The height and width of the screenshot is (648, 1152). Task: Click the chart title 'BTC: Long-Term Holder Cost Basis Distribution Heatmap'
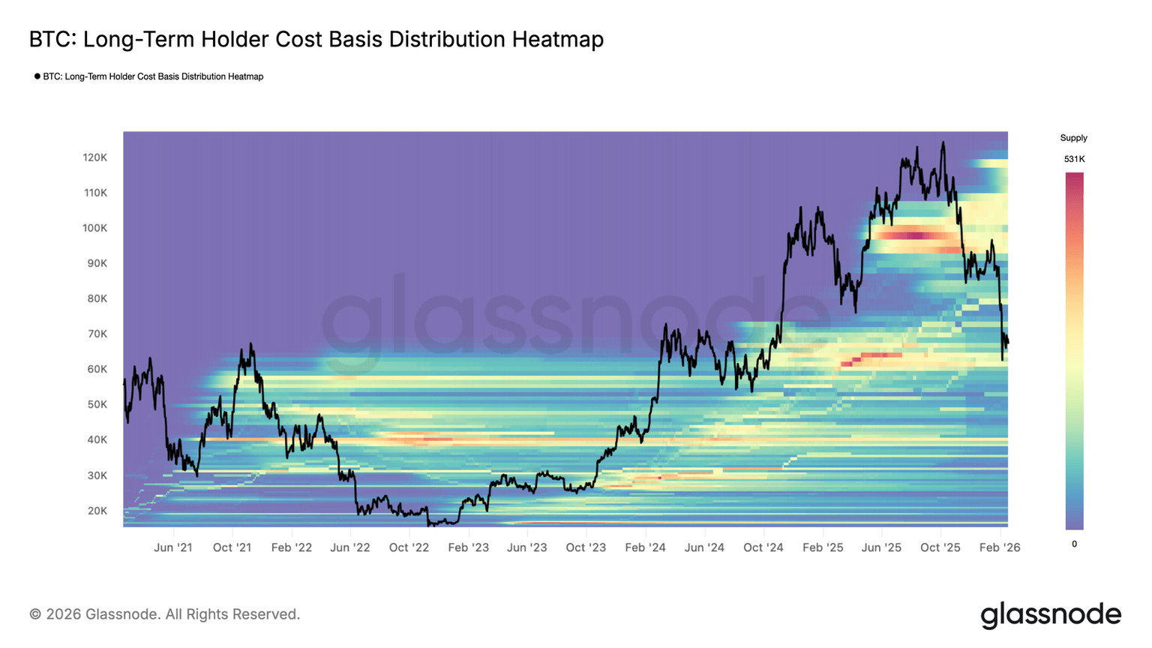(x=316, y=39)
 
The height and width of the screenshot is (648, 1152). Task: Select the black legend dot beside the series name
(x=37, y=76)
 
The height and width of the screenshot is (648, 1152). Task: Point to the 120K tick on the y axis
(x=94, y=157)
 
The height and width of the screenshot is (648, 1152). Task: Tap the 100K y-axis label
(x=94, y=228)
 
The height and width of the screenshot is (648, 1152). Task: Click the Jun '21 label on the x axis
(x=173, y=547)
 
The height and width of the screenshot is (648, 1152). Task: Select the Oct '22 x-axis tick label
(x=409, y=547)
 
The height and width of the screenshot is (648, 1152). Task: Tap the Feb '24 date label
(x=645, y=547)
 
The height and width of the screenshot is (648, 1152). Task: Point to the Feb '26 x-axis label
(x=1000, y=547)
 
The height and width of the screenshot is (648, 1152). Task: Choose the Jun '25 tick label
(x=881, y=547)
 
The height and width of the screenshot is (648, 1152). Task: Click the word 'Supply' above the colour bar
(x=1073, y=138)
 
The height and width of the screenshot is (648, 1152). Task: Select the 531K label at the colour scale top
(x=1074, y=159)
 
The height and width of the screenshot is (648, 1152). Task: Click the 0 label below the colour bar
(x=1074, y=544)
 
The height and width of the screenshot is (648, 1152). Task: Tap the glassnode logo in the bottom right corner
(x=1050, y=614)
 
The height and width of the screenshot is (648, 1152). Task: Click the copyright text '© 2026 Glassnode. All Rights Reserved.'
(x=165, y=614)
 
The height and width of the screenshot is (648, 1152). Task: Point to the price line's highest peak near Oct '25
(x=943, y=142)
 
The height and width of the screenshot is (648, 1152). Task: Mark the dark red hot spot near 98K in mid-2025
(x=913, y=235)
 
